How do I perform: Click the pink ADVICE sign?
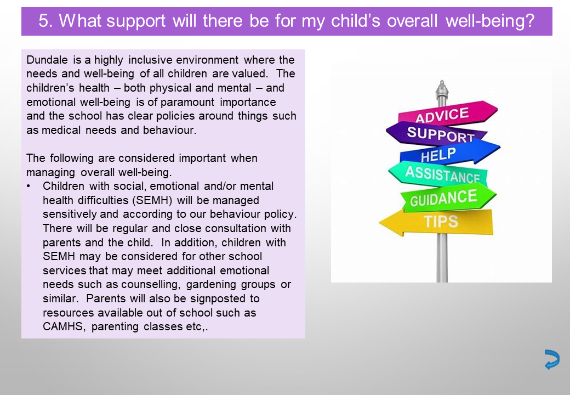(x=448, y=114)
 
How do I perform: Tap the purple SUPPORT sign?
(x=437, y=133)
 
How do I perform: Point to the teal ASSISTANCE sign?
(x=438, y=173)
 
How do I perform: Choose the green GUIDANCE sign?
(x=448, y=198)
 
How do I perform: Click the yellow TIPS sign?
(x=436, y=222)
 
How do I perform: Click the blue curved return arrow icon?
(x=552, y=359)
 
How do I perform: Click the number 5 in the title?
(x=43, y=21)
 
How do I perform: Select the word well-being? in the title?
(x=490, y=21)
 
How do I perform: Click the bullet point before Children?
(x=29, y=186)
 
